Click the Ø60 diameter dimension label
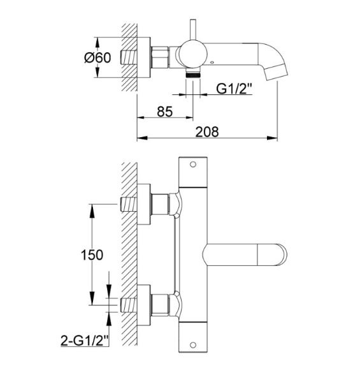tap(97, 57)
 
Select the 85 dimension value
tap(165, 112)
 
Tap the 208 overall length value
tap(207, 132)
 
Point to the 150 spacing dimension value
tap(92, 255)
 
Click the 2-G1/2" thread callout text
tap(85, 341)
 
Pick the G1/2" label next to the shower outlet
tap(234, 89)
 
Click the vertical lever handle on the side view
tap(193, 30)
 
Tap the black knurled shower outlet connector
tap(193, 75)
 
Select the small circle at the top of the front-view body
tap(193, 165)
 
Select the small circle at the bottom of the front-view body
tap(193, 344)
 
